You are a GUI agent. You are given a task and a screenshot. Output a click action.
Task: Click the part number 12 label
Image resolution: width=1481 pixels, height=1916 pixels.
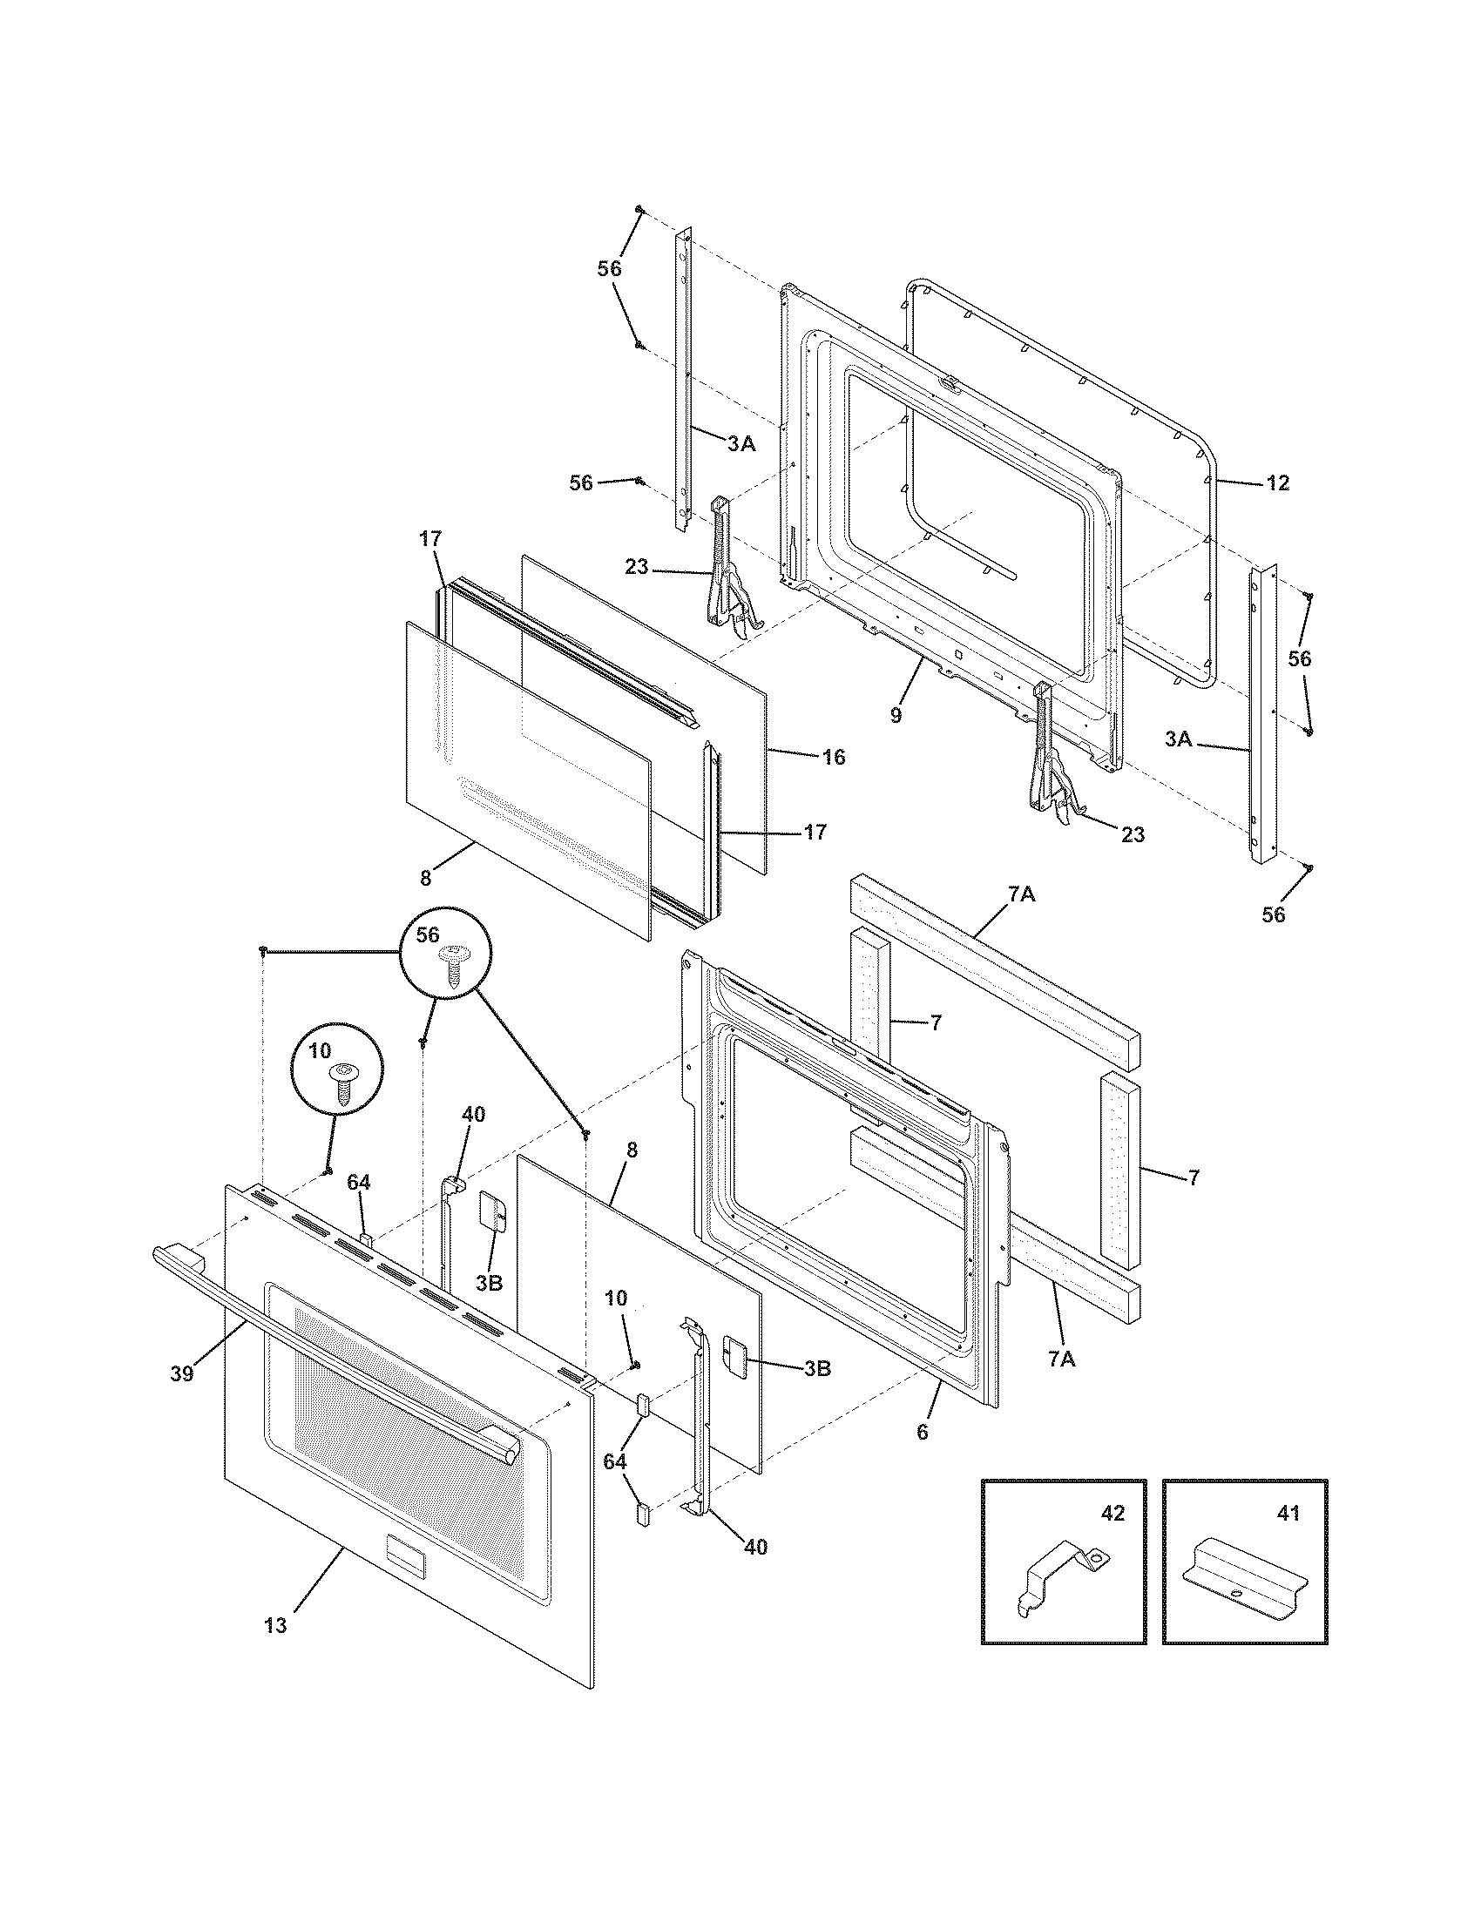(1278, 483)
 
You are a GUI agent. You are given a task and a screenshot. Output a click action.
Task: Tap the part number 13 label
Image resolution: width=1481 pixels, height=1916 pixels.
(274, 1626)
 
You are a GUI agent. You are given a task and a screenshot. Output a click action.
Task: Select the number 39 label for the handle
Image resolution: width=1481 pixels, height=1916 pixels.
(180, 1373)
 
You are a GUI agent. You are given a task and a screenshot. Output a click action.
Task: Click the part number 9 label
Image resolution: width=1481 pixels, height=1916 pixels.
(896, 715)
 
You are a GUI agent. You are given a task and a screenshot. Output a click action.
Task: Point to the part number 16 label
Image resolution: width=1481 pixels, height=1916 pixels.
(835, 756)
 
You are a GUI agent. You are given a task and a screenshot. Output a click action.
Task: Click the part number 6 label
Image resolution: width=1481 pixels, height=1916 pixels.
(922, 1433)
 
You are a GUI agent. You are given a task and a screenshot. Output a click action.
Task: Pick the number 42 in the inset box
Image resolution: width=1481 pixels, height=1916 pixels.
(1112, 1514)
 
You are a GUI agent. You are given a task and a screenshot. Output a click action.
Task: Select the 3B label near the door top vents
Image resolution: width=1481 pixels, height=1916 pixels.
(489, 1282)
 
